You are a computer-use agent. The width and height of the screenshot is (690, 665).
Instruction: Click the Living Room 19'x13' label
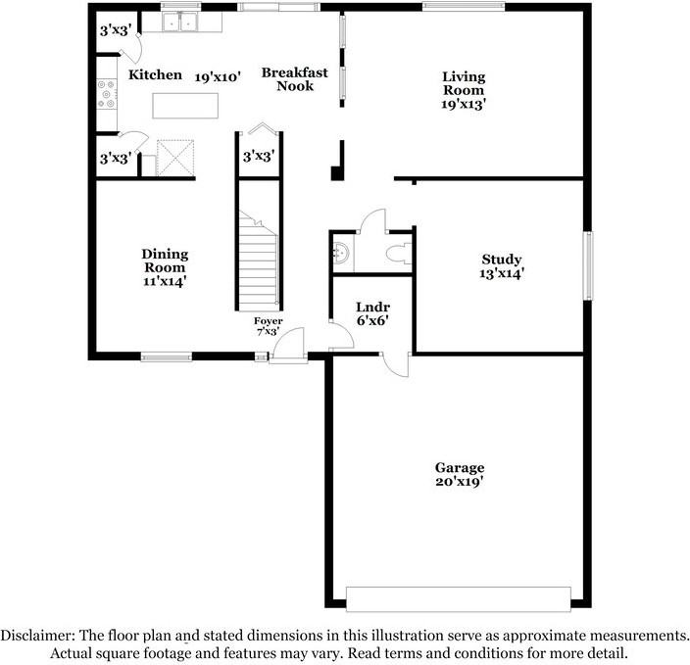[464, 89]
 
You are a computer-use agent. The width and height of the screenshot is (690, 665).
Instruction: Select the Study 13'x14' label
[501, 266]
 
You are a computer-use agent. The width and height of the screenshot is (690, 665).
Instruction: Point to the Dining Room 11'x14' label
[165, 267]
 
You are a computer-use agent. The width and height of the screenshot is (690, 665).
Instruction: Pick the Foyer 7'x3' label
[268, 326]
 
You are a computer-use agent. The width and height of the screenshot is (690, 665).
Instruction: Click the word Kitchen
[155, 75]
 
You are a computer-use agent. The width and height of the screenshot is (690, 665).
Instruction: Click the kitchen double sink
[179, 22]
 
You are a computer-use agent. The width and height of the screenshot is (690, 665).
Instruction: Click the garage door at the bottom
[459, 598]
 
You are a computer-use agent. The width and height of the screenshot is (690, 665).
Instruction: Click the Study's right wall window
[589, 265]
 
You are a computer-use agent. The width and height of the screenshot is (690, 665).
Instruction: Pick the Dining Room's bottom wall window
[165, 356]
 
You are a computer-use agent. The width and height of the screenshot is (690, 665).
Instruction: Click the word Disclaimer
[36, 635]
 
